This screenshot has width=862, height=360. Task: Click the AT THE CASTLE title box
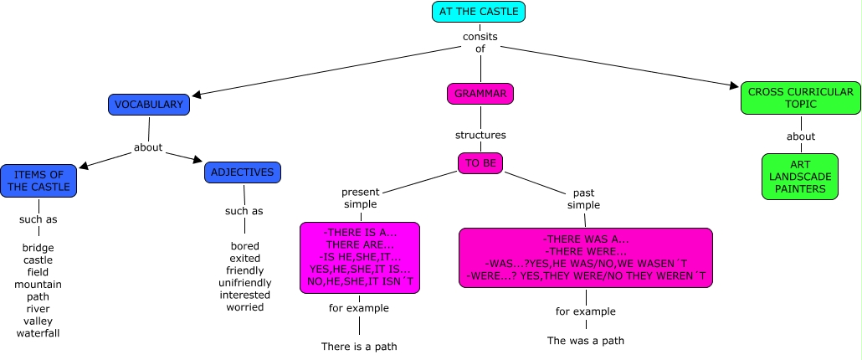pyautogui.click(x=479, y=12)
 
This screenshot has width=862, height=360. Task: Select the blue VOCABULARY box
pyautogui.click(x=149, y=105)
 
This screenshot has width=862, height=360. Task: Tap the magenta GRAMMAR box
pyautogui.click(x=480, y=94)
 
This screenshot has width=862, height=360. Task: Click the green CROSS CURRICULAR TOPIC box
pyautogui.click(x=800, y=98)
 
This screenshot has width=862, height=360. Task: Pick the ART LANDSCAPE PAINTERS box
pyautogui.click(x=799, y=176)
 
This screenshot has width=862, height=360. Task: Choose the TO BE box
pyautogui.click(x=480, y=163)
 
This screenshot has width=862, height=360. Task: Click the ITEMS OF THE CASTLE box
pyautogui.click(x=39, y=180)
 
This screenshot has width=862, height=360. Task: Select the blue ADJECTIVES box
pyautogui.click(x=243, y=172)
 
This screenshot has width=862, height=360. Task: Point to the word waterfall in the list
pyautogui.click(x=38, y=333)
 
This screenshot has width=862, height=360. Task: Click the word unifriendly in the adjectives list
pyautogui.click(x=244, y=283)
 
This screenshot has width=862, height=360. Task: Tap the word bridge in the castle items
pyautogui.click(x=38, y=249)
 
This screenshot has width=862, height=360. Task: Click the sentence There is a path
pyautogui.click(x=359, y=346)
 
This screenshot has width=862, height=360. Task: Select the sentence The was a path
pyautogui.click(x=586, y=341)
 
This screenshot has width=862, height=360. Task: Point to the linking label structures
pyautogui.click(x=480, y=134)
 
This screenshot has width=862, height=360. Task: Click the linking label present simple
pyautogui.click(x=360, y=198)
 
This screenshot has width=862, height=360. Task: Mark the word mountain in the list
pyautogui.click(x=38, y=285)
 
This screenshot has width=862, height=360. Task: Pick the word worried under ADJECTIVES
pyautogui.click(x=244, y=307)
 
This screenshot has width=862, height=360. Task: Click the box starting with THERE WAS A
pyautogui.click(x=586, y=258)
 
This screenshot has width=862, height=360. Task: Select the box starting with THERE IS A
pyautogui.click(x=360, y=258)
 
